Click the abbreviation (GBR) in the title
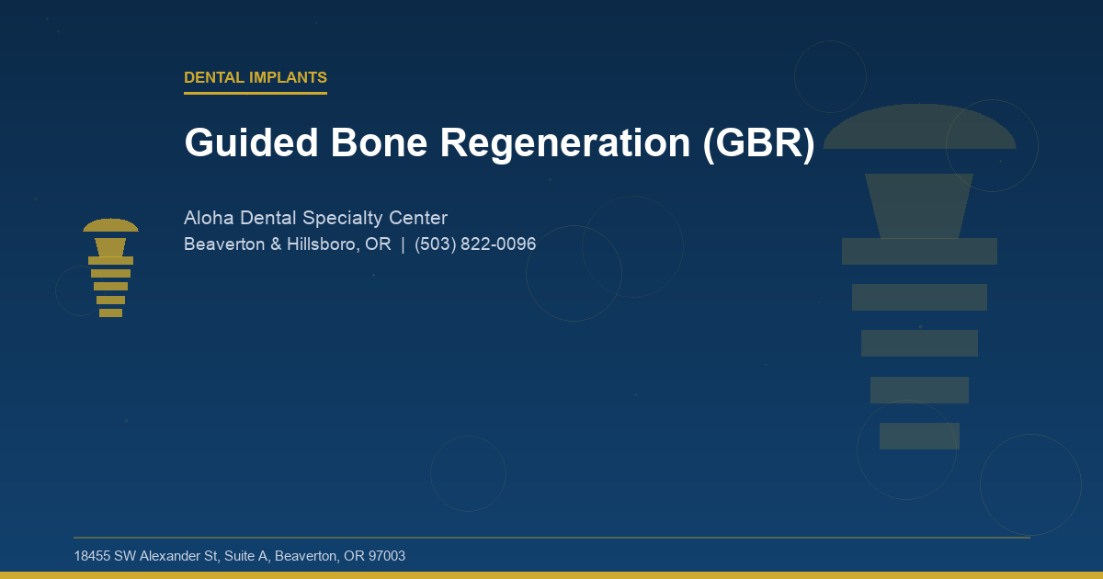759,143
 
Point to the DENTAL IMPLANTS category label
256,78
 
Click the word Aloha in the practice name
209,219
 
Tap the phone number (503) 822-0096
475,245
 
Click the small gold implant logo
110,268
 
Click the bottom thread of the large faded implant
919,436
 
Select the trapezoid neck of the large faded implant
919,205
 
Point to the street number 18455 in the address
92,556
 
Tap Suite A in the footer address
247,556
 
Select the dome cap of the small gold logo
110,226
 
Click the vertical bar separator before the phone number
403,245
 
